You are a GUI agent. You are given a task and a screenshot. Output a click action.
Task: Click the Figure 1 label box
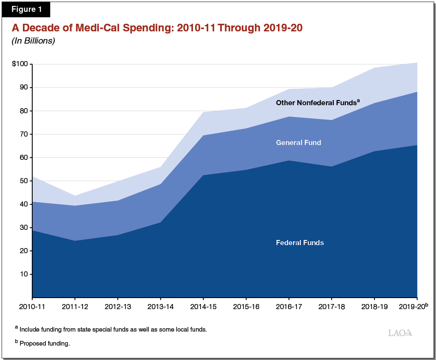click(26, 9)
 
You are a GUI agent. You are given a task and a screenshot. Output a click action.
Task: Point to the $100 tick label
click(20, 64)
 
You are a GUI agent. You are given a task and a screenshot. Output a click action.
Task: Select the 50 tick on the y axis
click(23, 181)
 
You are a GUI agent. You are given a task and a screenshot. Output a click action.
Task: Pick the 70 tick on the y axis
click(23, 134)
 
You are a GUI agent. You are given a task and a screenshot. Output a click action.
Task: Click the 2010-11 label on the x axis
click(32, 306)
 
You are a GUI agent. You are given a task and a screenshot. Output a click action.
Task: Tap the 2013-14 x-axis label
click(160, 306)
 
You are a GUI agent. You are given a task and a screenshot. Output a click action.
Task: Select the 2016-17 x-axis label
click(289, 306)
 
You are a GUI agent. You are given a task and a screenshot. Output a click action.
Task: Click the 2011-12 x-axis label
click(75, 306)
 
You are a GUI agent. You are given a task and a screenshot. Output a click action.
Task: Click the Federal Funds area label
click(300, 243)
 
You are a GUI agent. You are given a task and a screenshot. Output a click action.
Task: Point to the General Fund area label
click(298, 143)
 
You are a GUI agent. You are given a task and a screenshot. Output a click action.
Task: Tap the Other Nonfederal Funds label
click(316, 103)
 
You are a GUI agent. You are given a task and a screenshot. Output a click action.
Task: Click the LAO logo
click(400, 333)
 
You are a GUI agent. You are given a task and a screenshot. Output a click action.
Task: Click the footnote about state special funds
click(113, 329)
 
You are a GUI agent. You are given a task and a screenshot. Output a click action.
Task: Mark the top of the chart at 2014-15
click(204, 112)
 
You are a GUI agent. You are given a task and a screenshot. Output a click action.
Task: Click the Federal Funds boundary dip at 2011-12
click(75, 240)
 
